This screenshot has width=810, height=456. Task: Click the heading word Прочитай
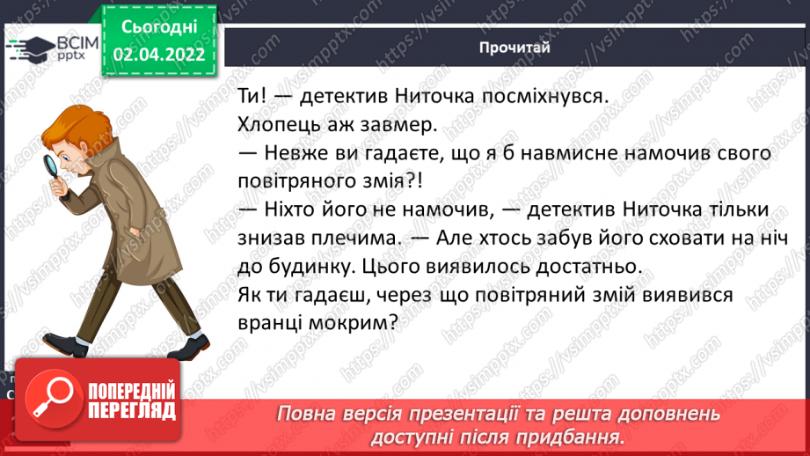515,47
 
